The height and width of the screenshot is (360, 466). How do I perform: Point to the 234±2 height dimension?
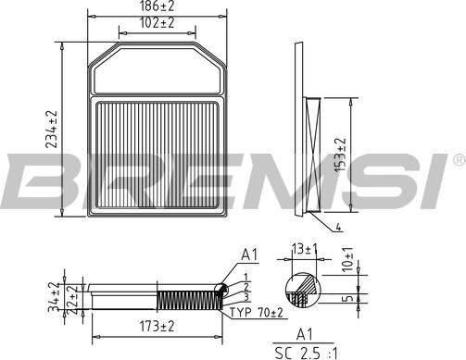pyautogui.click(x=53, y=128)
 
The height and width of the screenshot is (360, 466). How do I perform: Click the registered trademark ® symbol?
pyautogui.click(x=457, y=162)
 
